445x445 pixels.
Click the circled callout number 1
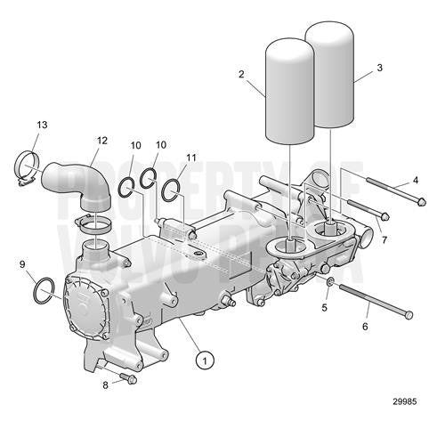pos(206,360)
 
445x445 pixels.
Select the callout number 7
pos(383,241)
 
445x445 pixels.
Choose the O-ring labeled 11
pos(174,187)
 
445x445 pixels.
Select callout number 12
pos(102,141)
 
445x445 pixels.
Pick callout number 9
pos(22,264)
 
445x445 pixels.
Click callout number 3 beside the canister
pos(380,68)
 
